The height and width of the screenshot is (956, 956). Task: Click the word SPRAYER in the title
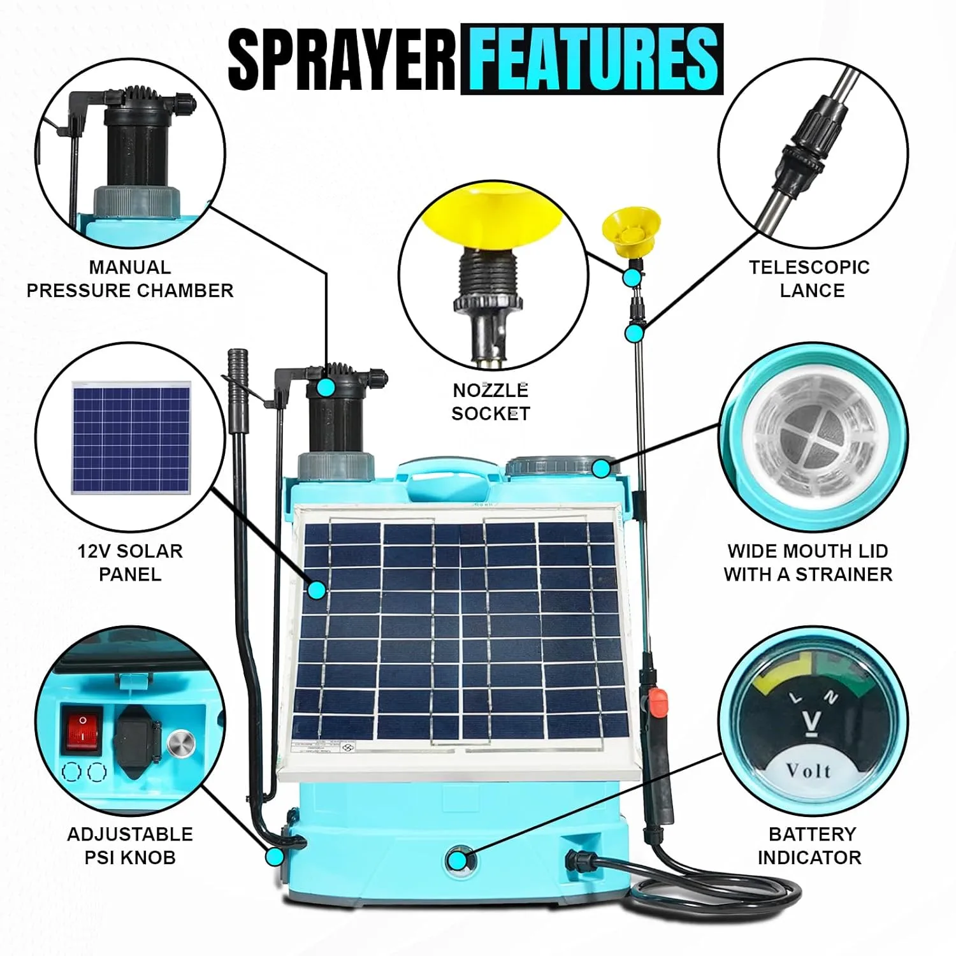coord(342,59)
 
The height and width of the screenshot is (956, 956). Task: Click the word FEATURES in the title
coord(593,59)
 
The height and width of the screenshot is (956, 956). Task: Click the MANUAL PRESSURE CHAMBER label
coord(130,279)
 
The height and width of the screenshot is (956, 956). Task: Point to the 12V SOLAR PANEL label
coord(130,562)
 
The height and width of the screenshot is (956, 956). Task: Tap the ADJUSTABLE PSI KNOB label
coord(130,845)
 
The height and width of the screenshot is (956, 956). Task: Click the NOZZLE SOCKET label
coord(491,402)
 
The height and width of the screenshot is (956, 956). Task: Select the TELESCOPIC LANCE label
coord(809,279)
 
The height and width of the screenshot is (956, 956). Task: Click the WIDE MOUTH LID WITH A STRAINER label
coord(808,562)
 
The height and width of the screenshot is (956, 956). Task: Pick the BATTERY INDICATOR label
coord(809,845)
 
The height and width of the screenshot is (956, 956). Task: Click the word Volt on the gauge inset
coord(809,771)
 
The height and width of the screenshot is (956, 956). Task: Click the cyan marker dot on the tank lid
coord(601,468)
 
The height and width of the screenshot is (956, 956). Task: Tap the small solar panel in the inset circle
coord(131,438)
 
